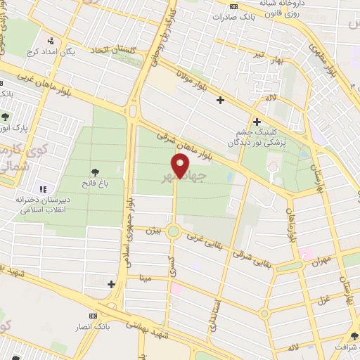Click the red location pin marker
click(x=181, y=167)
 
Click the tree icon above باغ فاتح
click(x=95, y=171)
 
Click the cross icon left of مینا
click(x=111, y=284)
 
